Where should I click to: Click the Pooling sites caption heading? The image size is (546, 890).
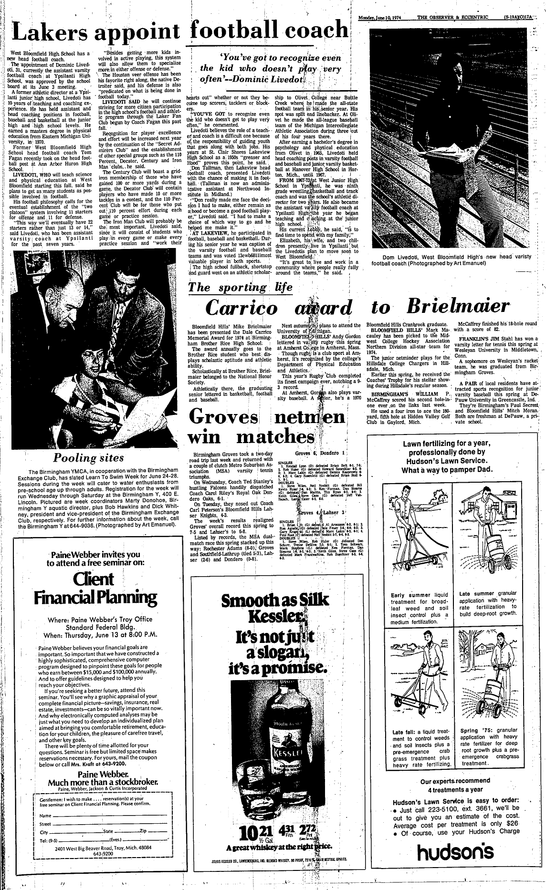click(x=88, y=458)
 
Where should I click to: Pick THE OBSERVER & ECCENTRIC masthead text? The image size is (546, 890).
click(x=453, y=18)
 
